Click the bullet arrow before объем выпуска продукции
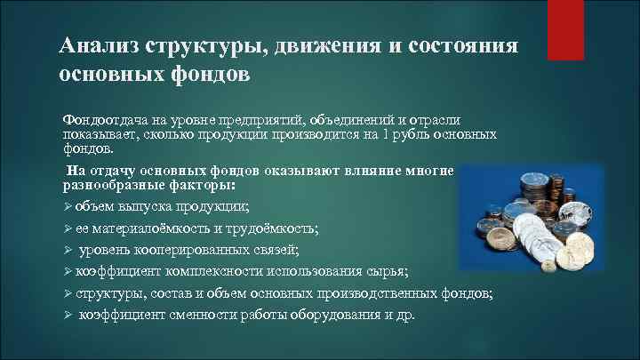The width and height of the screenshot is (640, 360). pos(67,207)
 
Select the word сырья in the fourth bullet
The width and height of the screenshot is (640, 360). pos(391,271)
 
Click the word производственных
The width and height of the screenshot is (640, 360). pos(368,293)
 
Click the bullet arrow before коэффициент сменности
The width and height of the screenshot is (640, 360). pos(67,315)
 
